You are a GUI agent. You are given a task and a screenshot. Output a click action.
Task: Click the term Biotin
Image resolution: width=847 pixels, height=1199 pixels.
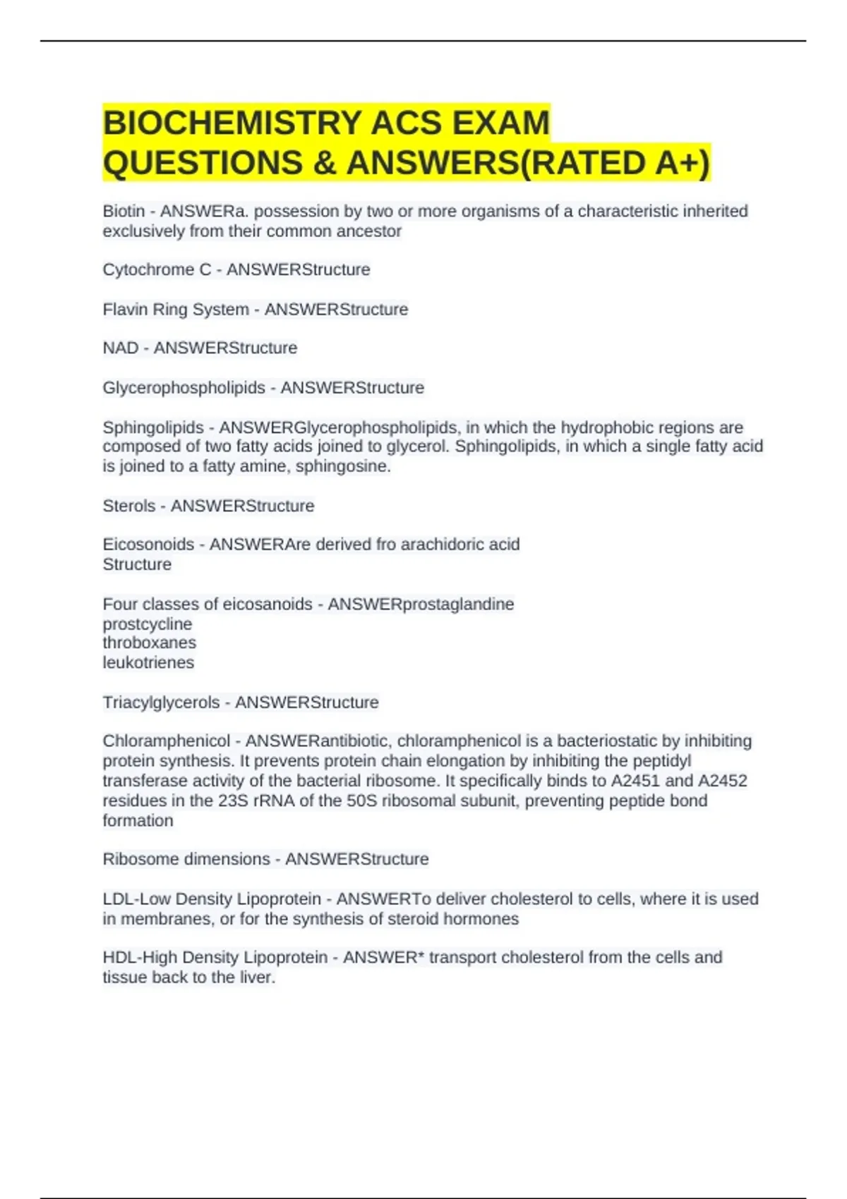pyautogui.click(x=124, y=211)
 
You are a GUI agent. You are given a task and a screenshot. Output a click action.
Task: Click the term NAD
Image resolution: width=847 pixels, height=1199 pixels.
pyautogui.click(x=120, y=348)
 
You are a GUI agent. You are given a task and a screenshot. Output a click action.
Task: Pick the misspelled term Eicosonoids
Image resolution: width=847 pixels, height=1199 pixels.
pyautogui.click(x=148, y=544)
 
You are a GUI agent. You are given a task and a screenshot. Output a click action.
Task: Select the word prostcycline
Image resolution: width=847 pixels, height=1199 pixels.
pyautogui.click(x=147, y=624)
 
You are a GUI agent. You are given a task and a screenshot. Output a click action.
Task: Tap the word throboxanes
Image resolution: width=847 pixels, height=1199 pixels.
pyautogui.click(x=149, y=643)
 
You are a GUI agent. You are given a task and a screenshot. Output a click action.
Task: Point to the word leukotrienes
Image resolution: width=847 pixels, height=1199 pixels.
pyautogui.click(x=148, y=662)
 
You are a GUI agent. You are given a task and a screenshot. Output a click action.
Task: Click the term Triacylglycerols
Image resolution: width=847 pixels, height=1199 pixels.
pyautogui.click(x=161, y=702)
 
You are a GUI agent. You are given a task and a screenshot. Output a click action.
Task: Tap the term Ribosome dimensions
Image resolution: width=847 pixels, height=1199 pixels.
pyautogui.click(x=186, y=859)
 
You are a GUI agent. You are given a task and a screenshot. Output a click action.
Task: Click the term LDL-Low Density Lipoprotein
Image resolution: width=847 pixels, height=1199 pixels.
pyautogui.click(x=212, y=899)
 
